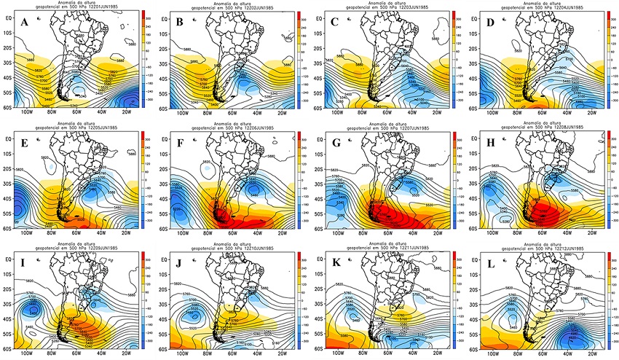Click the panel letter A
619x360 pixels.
pyautogui.click(x=25, y=23)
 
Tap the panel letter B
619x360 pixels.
pyautogui.click(x=180, y=23)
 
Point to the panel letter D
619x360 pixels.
pyautogui.click(x=487, y=23)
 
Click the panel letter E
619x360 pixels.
pyautogui.click(x=25, y=144)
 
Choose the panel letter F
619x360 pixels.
pyautogui.click(x=180, y=144)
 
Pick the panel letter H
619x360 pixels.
pyautogui.click(x=487, y=144)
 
